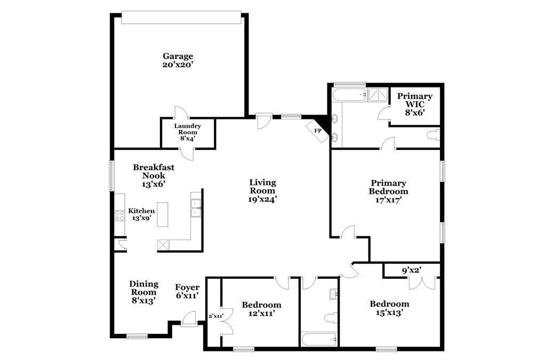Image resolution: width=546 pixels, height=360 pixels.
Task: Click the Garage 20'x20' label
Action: tap(178, 60)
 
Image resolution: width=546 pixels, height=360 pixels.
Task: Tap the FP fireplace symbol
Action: tap(318, 131)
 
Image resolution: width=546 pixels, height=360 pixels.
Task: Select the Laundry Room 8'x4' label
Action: tap(188, 132)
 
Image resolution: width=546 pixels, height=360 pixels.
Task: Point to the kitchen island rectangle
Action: tap(163, 214)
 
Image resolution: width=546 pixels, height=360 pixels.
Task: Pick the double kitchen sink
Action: tap(195, 208)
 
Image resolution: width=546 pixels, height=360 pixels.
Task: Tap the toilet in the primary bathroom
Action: tap(434, 135)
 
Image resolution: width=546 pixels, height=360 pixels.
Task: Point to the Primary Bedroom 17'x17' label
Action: tap(388, 191)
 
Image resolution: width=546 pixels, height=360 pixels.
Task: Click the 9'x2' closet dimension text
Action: tap(411, 270)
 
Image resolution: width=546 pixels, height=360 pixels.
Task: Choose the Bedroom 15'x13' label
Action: tap(389, 308)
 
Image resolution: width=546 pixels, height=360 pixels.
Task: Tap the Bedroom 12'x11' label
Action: tap(261, 309)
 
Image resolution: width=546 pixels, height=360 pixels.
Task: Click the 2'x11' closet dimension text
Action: tap(215, 316)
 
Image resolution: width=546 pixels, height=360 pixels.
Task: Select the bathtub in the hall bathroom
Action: tap(319, 339)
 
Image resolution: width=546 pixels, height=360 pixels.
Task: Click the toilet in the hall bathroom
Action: tap(330, 318)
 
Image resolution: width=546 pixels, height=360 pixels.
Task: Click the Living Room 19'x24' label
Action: tap(262, 190)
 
